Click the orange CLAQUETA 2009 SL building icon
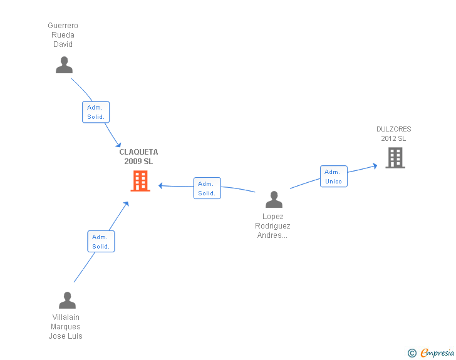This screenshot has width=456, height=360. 140,181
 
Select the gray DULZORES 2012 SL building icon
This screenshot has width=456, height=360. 395,158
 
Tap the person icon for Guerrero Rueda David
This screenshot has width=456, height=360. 64,65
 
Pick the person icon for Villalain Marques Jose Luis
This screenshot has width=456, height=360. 67,300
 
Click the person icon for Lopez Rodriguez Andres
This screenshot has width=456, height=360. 274,200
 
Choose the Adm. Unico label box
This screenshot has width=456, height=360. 334,177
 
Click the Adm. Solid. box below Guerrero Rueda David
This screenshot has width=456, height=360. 96,112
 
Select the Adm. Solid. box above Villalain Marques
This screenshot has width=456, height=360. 101,242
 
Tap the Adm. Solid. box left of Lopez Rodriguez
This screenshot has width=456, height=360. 207,188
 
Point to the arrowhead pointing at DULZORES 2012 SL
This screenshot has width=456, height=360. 375,166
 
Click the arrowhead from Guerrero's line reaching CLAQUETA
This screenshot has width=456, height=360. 118,145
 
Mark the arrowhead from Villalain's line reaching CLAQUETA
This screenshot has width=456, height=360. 126,205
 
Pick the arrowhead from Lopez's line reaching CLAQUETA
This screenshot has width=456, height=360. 161,185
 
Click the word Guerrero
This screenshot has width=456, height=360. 63,26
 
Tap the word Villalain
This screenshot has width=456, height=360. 66,317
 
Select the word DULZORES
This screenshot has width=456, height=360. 394,129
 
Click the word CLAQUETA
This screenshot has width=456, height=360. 138,152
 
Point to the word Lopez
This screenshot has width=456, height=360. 273,217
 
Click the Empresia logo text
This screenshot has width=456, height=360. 437,352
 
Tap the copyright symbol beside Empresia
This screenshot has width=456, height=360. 412,353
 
